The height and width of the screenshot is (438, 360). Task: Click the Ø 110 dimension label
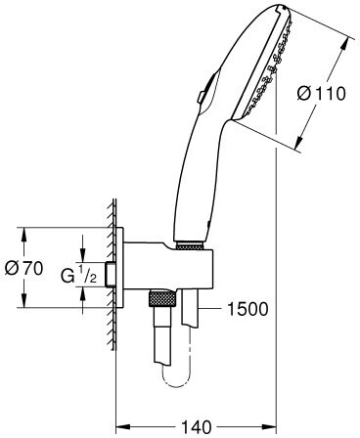321,94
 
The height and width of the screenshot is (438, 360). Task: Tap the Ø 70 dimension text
24,268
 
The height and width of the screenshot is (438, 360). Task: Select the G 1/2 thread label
78,276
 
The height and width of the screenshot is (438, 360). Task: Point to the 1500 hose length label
247,308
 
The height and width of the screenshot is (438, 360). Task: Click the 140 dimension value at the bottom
197,426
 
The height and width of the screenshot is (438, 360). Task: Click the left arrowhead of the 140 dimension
123,426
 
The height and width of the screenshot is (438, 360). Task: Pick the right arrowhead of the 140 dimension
269,426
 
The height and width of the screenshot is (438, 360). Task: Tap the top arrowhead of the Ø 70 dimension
24,234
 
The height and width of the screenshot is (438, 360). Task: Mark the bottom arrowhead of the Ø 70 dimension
24,300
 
